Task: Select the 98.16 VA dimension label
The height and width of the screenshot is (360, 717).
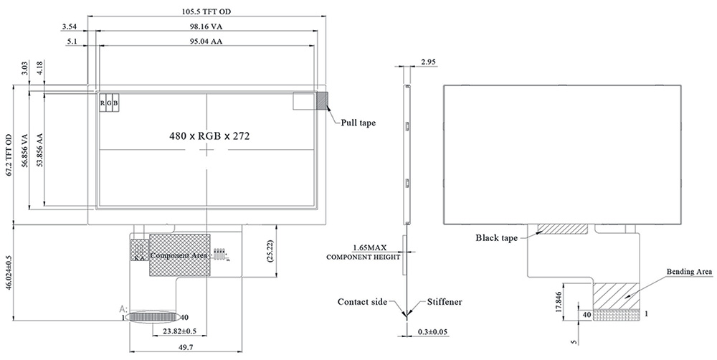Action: click(x=207, y=27)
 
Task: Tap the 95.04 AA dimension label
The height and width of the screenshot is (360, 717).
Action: click(x=207, y=42)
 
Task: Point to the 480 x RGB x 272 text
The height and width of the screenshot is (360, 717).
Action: click(x=209, y=135)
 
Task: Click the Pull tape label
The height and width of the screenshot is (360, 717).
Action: click(x=358, y=123)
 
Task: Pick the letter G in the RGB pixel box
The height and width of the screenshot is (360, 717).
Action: click(x=109, y=103)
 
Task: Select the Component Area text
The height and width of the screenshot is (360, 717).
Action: click(x=179, y=255)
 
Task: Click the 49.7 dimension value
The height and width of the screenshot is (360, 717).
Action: click(x=186, y=346)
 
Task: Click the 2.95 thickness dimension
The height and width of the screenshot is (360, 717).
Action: click(x=429, y=63)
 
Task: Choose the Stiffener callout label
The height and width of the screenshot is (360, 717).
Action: click(x=445, y=302)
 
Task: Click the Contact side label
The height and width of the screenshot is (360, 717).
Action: click(x=362, y=302)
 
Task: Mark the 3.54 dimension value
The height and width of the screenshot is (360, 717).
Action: click(x=70, y=27)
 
